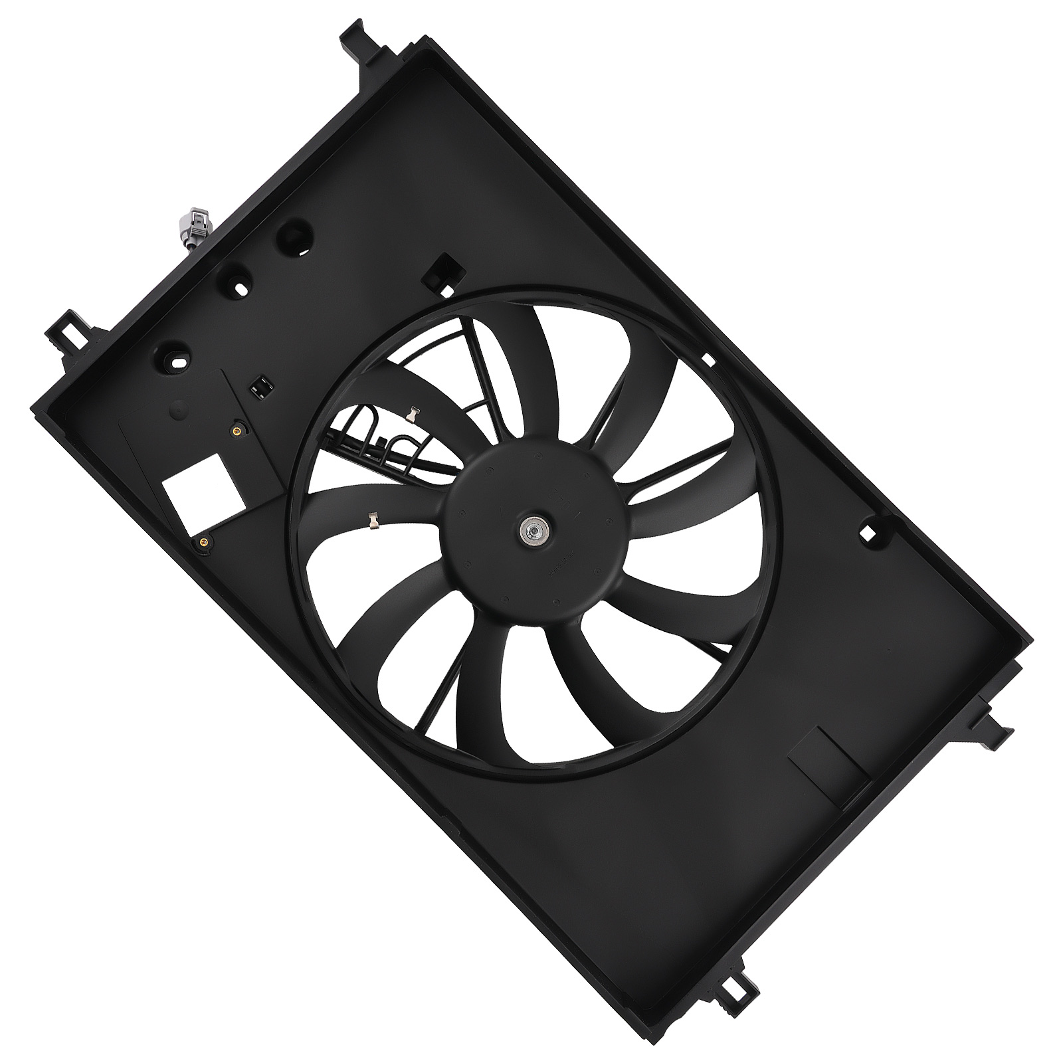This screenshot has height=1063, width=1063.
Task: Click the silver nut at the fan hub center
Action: [533, 531]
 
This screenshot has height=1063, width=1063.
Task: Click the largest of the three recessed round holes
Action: [294, 237]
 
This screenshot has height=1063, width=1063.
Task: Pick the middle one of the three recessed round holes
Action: [237, 282]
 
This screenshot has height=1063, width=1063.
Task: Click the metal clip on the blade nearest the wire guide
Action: [413, 416]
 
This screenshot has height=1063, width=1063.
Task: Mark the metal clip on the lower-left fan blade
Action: [373, 520]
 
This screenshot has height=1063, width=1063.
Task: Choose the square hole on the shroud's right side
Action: [867, 532]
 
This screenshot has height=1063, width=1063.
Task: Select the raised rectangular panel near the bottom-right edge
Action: [827, 768]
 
